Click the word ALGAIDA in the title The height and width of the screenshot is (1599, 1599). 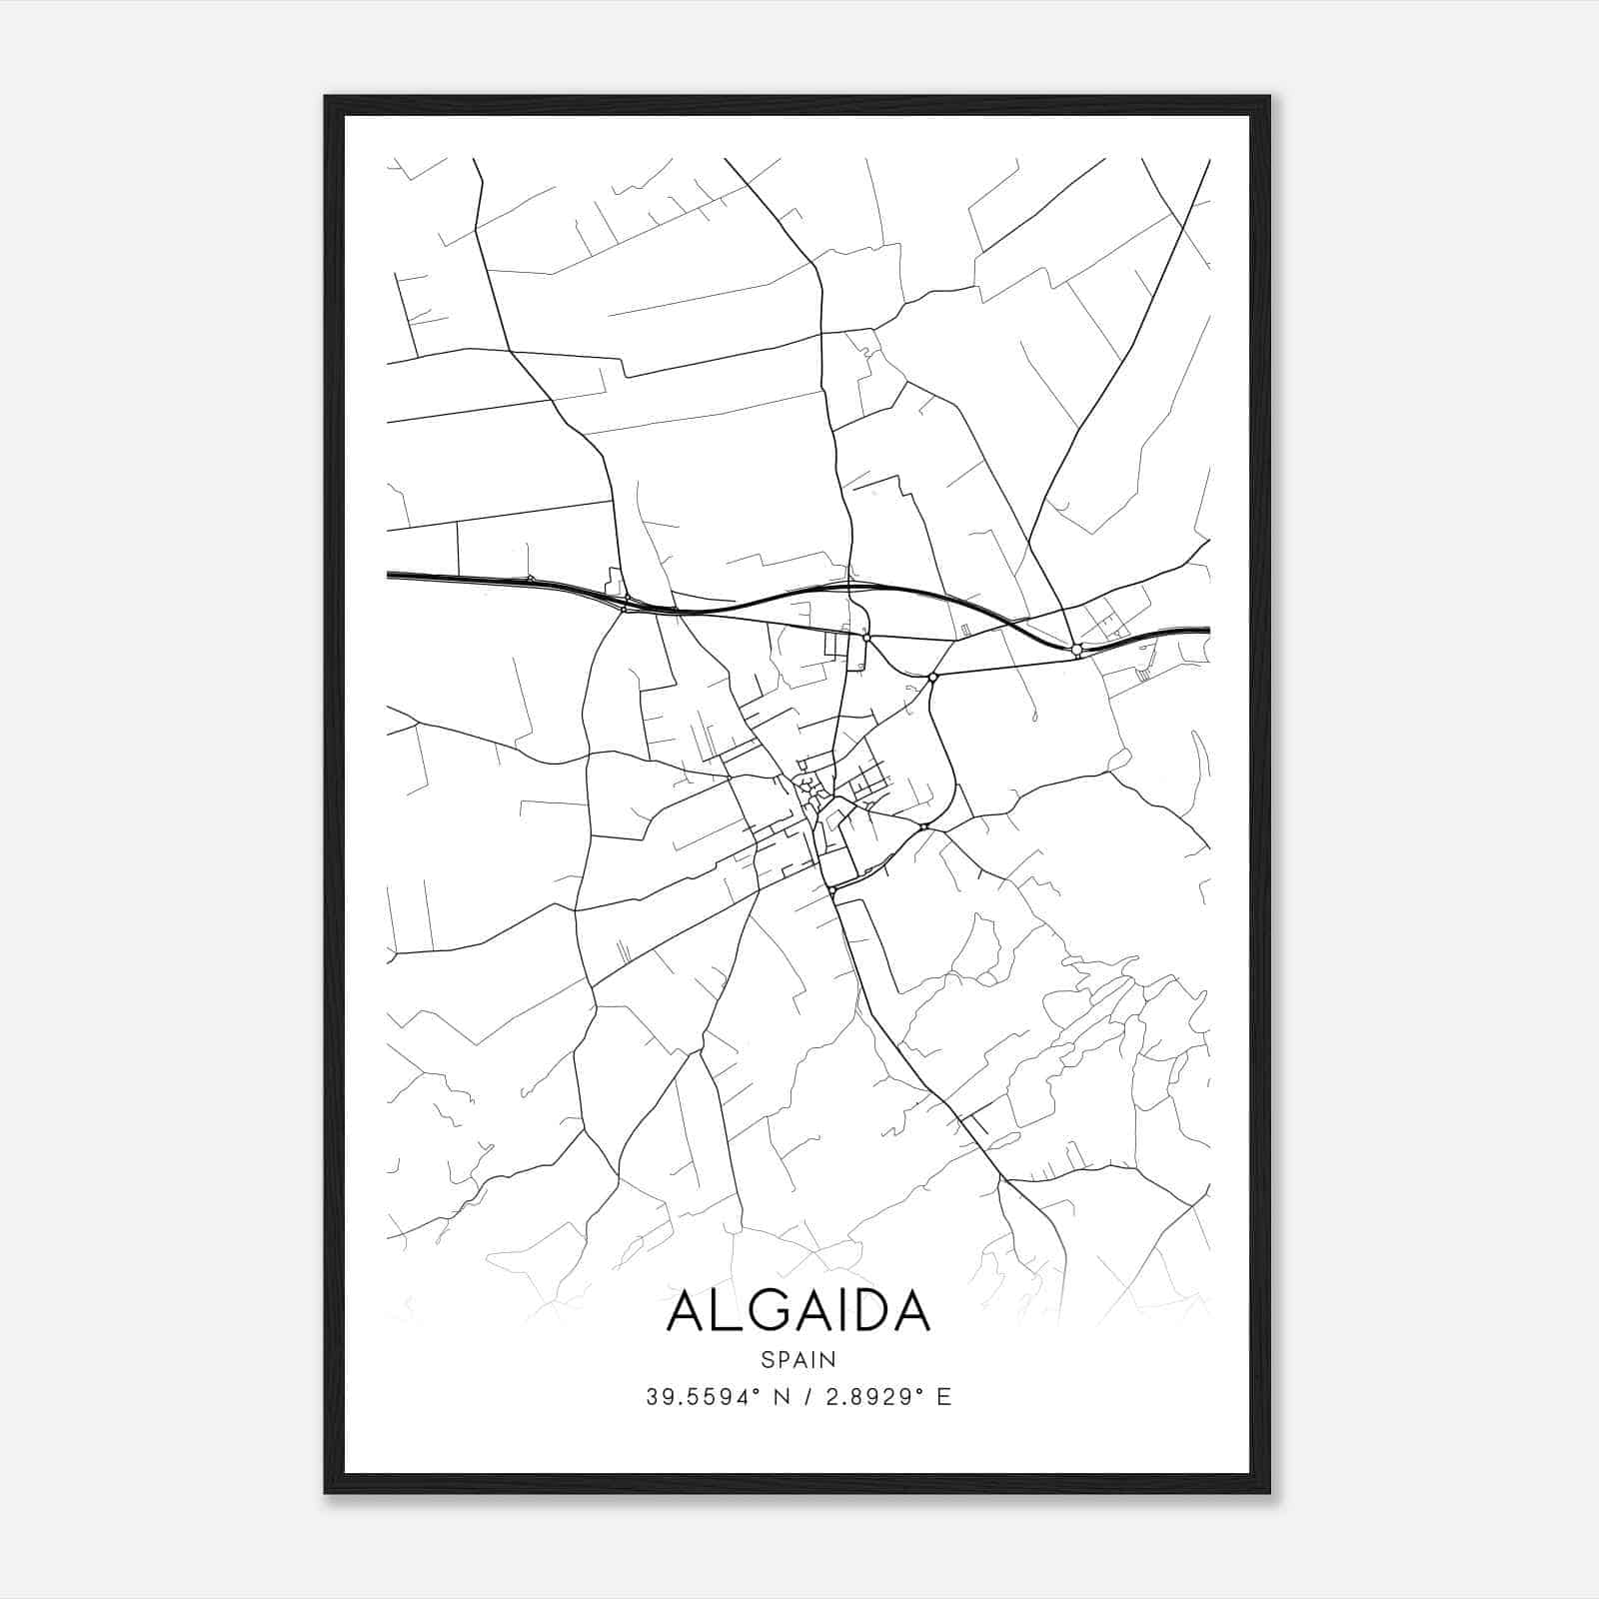(798, 1310)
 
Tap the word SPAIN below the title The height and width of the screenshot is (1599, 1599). (798, 1359)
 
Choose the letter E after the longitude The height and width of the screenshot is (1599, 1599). (943, 1397)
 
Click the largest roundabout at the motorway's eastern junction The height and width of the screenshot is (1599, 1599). (1076, 650)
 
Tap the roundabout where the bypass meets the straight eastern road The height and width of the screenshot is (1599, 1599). (932, 677)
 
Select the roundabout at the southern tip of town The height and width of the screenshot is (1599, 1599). (831, 888)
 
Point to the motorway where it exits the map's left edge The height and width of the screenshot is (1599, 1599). (390, 575)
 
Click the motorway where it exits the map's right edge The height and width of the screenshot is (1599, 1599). (1207, 630)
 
